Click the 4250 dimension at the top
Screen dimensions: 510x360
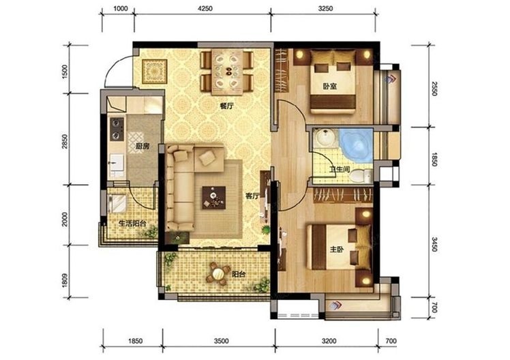205,9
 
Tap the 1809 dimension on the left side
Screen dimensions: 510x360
64,280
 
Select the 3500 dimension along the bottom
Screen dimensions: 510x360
221,341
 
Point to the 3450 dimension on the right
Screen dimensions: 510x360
434,244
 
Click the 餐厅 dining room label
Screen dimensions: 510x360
226,106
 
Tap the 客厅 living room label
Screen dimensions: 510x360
252,196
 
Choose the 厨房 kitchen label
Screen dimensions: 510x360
142,147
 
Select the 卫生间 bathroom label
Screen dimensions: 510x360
340,169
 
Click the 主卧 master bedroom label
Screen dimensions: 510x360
337,250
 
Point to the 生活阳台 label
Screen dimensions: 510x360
132,224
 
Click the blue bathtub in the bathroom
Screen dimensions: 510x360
356,145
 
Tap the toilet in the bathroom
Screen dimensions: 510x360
361,176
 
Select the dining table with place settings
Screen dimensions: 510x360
227,72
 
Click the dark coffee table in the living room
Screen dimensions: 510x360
213,198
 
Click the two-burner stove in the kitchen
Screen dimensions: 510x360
117,129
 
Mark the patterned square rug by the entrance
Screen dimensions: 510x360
155,72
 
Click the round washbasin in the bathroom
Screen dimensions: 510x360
326,138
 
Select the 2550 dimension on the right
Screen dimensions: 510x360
434,87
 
